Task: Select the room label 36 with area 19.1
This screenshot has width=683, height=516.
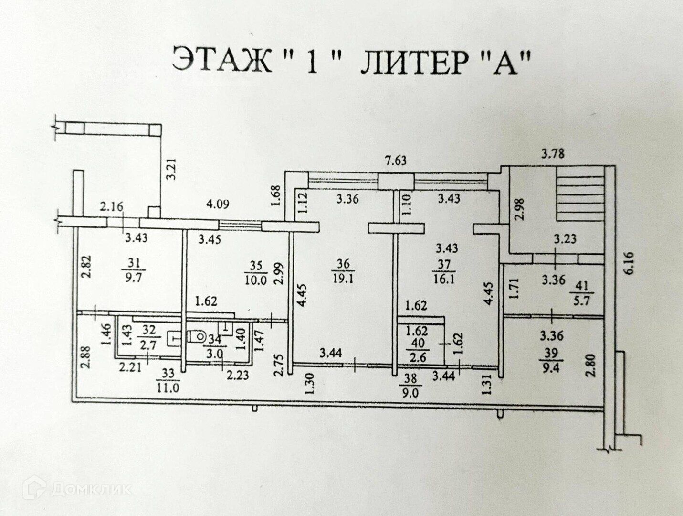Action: coord(344,270)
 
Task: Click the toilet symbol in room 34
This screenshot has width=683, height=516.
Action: coord(195,335)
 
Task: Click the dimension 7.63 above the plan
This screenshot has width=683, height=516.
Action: coord(396,161)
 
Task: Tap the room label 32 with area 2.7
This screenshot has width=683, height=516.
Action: coord(149,335)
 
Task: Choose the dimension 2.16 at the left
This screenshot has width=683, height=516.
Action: coord(112,207)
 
